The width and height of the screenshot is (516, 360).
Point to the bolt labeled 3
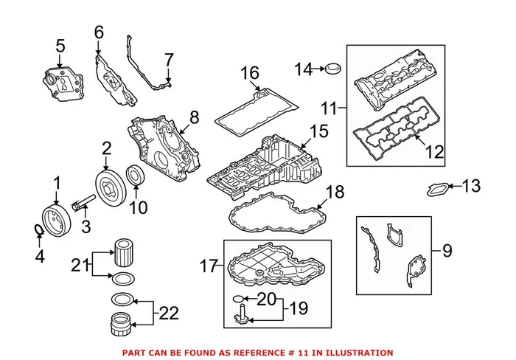(x=83, y=204)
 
